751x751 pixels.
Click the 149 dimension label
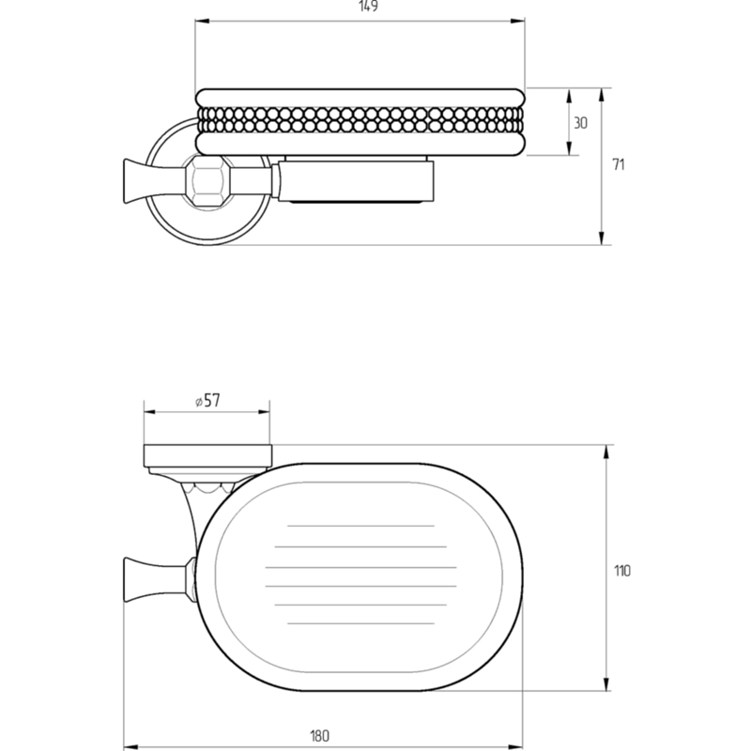368,7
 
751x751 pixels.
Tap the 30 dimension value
580,123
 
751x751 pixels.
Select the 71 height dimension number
619,164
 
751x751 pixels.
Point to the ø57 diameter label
207,401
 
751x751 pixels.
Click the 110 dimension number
622,571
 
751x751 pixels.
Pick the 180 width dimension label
320,736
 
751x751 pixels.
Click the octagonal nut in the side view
207,181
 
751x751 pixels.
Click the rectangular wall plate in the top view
207,455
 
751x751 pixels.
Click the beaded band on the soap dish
360,120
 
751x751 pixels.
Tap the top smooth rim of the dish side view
360,97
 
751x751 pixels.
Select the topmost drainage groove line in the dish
360,526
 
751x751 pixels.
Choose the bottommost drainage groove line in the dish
360,623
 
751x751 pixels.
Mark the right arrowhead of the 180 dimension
515,746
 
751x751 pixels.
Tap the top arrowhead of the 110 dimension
606,452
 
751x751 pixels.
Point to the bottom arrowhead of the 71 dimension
602,238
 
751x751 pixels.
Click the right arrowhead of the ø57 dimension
263,411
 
